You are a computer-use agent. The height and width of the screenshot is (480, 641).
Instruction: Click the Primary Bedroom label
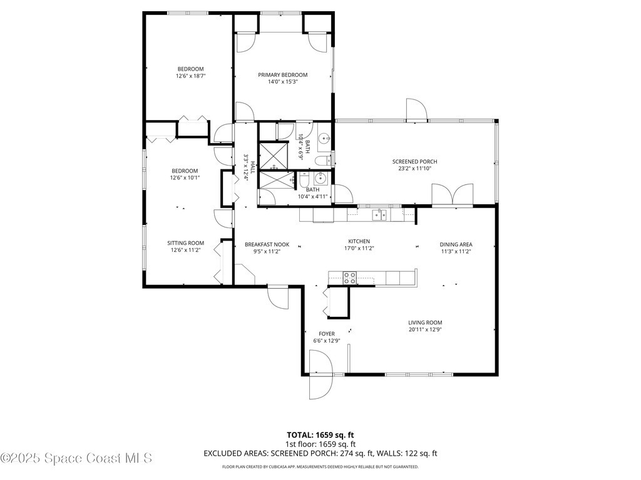[282, 75]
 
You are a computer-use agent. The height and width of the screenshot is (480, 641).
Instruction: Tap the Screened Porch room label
[414, 162]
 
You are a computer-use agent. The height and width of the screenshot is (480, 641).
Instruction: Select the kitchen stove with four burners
[349, 277]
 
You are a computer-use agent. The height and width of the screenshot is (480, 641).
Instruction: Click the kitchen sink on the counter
[379, 215]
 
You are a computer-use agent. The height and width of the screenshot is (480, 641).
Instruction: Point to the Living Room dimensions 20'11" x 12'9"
[425, 329]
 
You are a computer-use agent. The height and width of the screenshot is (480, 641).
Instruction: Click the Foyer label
[327, 334]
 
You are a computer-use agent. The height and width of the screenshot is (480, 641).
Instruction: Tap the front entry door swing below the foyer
[321, 376]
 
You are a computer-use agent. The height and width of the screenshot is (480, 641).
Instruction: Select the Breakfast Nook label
[267, 244]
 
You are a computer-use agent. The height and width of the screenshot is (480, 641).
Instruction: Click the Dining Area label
[456, 244]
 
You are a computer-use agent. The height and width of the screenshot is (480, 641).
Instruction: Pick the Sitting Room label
[185, 243]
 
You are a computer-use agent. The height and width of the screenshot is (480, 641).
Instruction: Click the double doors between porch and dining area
[453, 194]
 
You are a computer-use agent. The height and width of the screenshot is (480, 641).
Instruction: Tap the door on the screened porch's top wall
[416, 109]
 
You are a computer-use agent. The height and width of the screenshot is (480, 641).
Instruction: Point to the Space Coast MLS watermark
[76, 458]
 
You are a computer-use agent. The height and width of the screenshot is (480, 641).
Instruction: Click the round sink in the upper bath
[325, 137]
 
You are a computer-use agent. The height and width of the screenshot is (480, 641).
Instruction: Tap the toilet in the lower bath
[304, 180]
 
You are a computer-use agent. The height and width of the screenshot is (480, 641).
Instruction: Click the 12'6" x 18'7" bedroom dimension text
[190, 76]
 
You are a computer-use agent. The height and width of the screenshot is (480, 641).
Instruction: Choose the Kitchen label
[359, 241]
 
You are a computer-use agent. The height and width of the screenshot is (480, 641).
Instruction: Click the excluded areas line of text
[320, 453]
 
